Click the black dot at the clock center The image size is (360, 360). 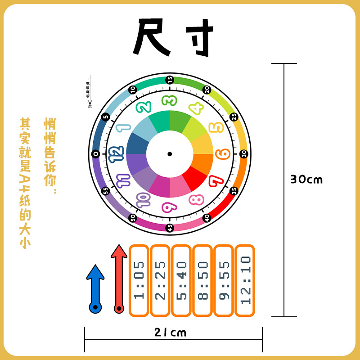pyautogui.click(x=170, y=154)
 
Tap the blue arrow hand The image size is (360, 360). pyautogui.click(x=95, y=288)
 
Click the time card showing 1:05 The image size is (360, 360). pyautogui.click(x=140, y=280)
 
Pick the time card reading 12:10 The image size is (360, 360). pyautogui.click(x=245, y=280)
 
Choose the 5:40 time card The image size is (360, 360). pyautogui.click(x=182, y=280)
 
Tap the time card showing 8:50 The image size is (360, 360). pyautogui.click(x=203, y=280)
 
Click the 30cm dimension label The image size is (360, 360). pyautogui.click(x=306, y=180)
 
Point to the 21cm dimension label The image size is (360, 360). pyautogui.click(x=170, y=333)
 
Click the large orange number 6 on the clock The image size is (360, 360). pyautogui.click(x=223, y=154)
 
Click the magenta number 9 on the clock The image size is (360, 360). pyautogui.click(x=169, y=207)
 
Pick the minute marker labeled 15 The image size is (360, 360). pyautogui.click(x=170, y=79)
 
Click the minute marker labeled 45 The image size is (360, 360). pyautogui.click(x=170, y=228)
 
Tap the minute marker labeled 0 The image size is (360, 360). pyautogui.click(x=95, y=154)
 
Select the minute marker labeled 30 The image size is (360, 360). pyautogui.click(x=244, y=154)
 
